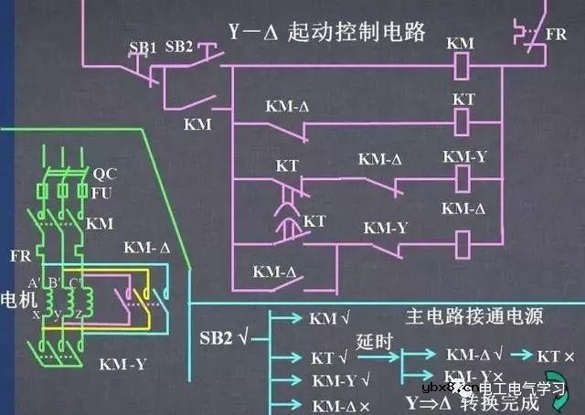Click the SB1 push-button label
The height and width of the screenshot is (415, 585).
pos(143,46)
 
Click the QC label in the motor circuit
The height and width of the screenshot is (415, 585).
pos(101,173)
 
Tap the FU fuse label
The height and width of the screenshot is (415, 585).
pos(101,192)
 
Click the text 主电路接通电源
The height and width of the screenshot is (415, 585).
pos(474,317)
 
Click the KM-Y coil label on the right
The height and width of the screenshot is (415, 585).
pos(464,156)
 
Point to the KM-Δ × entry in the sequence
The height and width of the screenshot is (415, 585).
pos(340,403)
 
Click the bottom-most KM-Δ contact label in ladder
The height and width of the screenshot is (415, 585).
pos(274,271)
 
